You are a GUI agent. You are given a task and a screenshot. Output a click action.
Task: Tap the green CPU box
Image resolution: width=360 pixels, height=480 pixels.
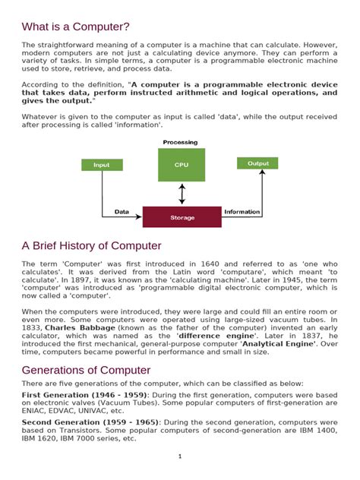(x=181, y=165)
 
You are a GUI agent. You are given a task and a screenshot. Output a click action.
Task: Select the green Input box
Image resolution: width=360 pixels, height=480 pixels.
(x=101, y=165)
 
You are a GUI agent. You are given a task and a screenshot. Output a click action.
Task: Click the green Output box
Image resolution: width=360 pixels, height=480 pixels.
(x=257, y=163)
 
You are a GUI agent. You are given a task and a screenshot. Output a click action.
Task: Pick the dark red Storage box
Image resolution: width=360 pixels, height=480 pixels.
(x=182, y=217)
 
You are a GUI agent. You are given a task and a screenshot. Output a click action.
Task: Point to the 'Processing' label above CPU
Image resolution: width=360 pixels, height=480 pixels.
(x=180, y=142)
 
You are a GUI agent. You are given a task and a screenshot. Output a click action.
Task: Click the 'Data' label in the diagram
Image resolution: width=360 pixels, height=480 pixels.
(x=122, y=212)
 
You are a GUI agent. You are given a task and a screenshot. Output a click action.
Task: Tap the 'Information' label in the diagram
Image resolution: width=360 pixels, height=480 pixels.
(x=242, y=212)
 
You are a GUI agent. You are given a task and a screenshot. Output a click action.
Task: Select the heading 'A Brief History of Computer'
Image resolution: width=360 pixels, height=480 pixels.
(x=92, y=246)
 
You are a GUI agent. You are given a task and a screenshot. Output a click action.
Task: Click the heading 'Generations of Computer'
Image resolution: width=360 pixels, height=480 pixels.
(x=86, y=370)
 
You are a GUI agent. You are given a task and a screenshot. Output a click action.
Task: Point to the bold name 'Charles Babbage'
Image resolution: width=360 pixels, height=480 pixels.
(x=75, y=327)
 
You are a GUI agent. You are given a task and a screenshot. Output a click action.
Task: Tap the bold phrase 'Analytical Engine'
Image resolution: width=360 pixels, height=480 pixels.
(x=275, y=343)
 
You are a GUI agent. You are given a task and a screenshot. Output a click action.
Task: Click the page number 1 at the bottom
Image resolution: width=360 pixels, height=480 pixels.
(x=180, y=456)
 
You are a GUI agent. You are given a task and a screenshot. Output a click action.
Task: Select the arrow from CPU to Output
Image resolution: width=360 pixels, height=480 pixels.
(x=221, y=163)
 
